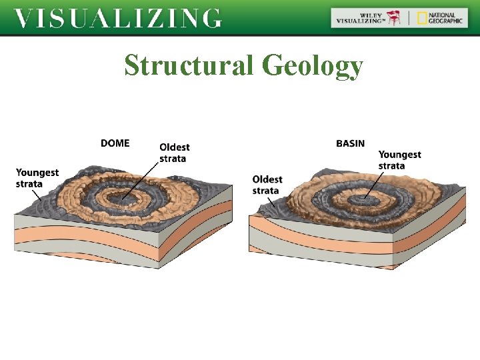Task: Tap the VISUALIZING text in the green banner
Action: pyautogui.click(x=118, y=18)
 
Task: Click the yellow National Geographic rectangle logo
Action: pyautogui.click(x=422, y=18)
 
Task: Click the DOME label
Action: pyautogui.click(x=115, y=143)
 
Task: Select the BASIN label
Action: pyautogui.click(x=350, y=143)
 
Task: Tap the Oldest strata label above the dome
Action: pyautogui.click(x=174, y=153)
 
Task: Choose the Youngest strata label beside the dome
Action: pyautogui.click(x=37, y=178)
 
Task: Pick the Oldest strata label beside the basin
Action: pyautogui.click(x=267, y=185)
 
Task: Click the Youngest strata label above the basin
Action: pyautogui.click(x=399, y=160)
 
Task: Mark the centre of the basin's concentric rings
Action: pyautogui.click(x=367, y=199)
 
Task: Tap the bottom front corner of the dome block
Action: pyautogui.click(x=157, y=267)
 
